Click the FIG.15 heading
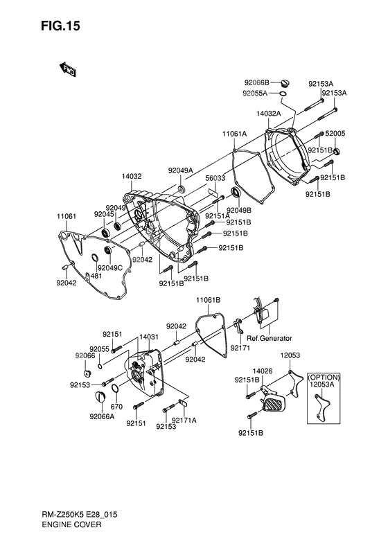click(x=60, y=26)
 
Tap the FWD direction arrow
click(x=68, y=69)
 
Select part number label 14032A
click(x=268, y=114)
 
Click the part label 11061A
click(x=235, y=134)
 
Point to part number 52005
click(x=335, y=134)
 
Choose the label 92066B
click(x=256, y=83)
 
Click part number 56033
click(x=215, y=178)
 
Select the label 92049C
click(x=110, y=268)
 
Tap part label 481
click(x=96, y=276)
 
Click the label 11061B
click(x=209, y=300)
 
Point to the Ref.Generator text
click(x=269, y=338)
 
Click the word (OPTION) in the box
click(x=324, y=378)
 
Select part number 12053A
click(x=322, y=385)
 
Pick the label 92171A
click(x=184, y=421)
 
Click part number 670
click(x=116, y=407)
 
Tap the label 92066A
click(x=102, y=416)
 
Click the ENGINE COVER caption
click(x=71, y=524)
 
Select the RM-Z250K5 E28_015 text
click(x=80, y=515)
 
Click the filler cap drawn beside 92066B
click(x=285, y=84)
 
